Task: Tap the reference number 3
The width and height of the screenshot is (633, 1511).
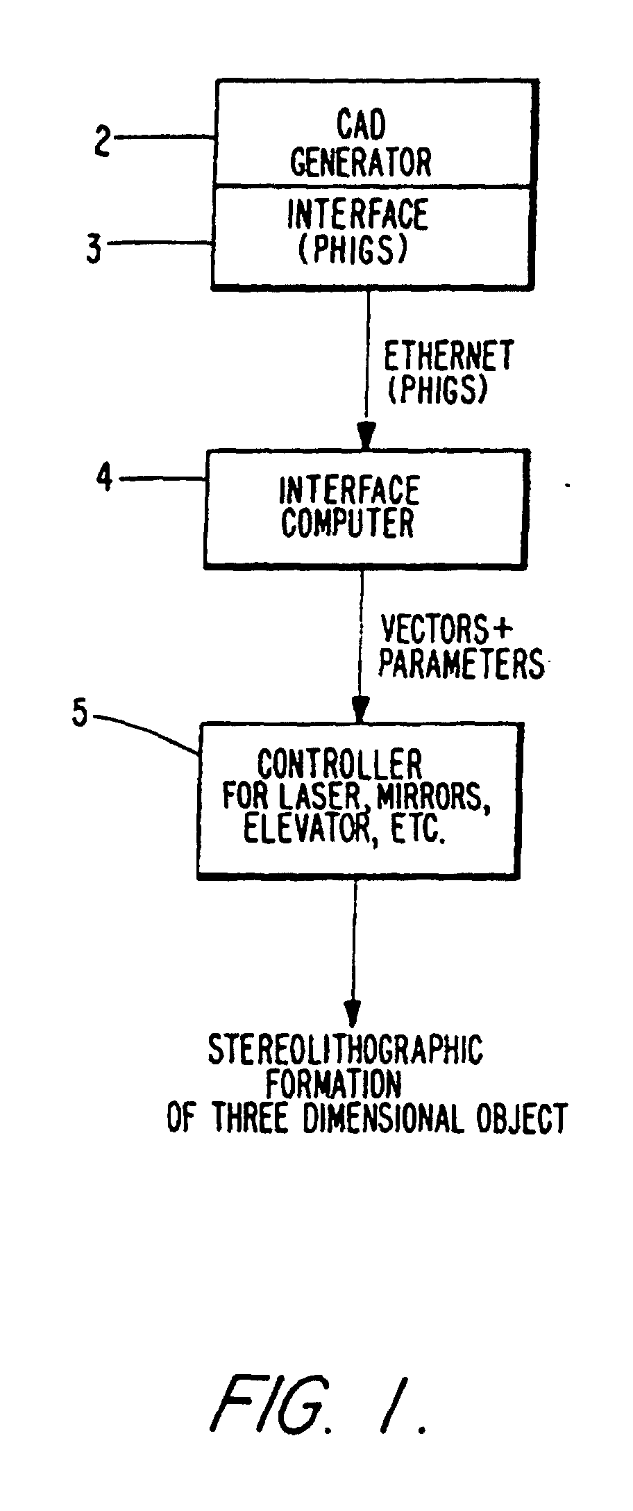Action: point(94,248)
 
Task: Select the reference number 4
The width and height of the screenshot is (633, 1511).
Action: point(104,479)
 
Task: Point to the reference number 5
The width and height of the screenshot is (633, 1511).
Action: point(81,714)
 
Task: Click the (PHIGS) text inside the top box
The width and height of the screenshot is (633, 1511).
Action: point(352,249)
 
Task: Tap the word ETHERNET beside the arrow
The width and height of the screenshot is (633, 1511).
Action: point(449,356)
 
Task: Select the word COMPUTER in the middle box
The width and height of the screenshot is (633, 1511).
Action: point(347,522)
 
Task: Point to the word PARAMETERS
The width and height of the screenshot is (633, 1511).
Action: point(461,664)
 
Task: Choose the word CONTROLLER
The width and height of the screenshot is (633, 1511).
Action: point(340,766)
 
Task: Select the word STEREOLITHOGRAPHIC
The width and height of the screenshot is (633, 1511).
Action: point(346,1050)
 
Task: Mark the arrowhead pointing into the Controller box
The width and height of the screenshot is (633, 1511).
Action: point(360,710)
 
